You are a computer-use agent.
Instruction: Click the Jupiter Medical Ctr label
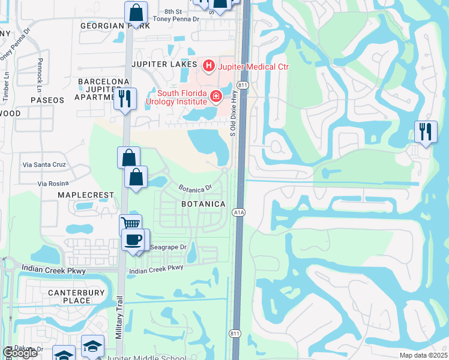(253, 66)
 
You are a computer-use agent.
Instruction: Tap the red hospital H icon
(209, 65)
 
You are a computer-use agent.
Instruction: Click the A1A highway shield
(238, 212)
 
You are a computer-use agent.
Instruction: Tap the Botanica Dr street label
(196, 188)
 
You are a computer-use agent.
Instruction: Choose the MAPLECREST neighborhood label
(85, 196)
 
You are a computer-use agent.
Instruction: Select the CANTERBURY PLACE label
(76, 296)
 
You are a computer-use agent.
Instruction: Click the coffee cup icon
(133, 239)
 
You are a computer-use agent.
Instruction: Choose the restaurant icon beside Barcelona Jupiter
(125, 98)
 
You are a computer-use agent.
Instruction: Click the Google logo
(20, 353)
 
